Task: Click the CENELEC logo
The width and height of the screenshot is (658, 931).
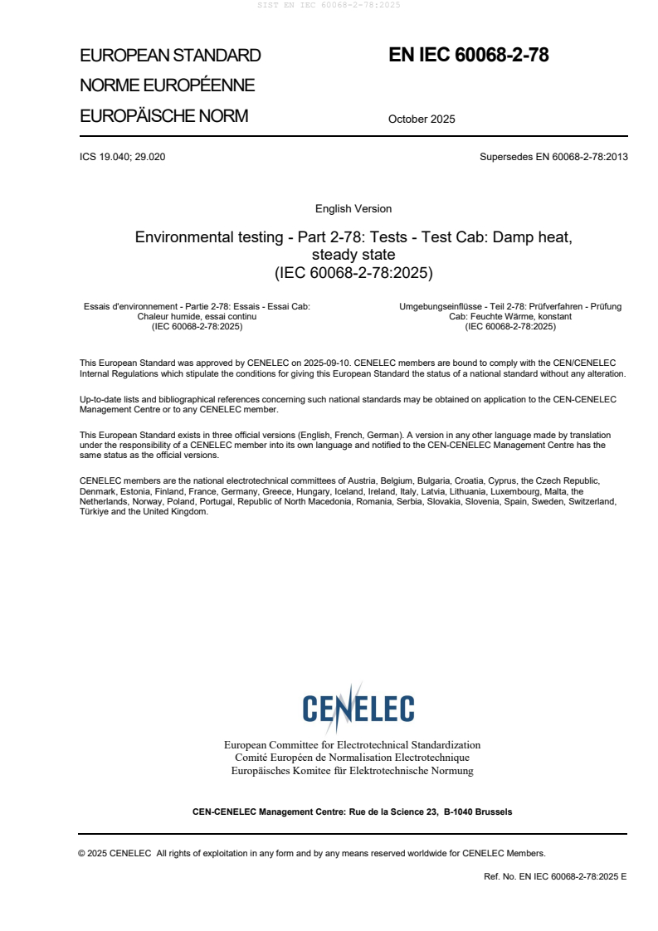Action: click(358, 709)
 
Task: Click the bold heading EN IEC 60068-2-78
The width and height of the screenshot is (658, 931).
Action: click(469, 56)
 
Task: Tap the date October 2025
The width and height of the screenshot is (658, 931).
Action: click(422, 119)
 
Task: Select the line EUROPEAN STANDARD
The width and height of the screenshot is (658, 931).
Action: click(170, 56)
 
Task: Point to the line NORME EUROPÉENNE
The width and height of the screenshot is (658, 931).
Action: click(167, 85)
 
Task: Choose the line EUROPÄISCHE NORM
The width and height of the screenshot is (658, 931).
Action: click(163, 116)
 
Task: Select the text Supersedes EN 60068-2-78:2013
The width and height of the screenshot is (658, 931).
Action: click(553, 157)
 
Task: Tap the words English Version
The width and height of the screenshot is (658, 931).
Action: click(353, 209)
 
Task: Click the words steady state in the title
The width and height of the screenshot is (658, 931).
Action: click(353, 254)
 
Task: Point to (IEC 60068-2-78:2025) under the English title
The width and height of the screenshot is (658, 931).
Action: click(353, 271)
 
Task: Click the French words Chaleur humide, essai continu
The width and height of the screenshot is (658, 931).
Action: click(197, 317)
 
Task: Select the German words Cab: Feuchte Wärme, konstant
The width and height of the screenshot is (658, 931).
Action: click(510, 317)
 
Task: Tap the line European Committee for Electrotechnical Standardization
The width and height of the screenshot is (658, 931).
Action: click(352, 745)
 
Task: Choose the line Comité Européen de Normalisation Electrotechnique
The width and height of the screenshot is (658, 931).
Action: click(352, 758)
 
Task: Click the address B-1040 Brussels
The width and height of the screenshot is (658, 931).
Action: click(478, 812)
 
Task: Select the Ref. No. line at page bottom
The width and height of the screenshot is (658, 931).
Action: click(555, 876)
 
